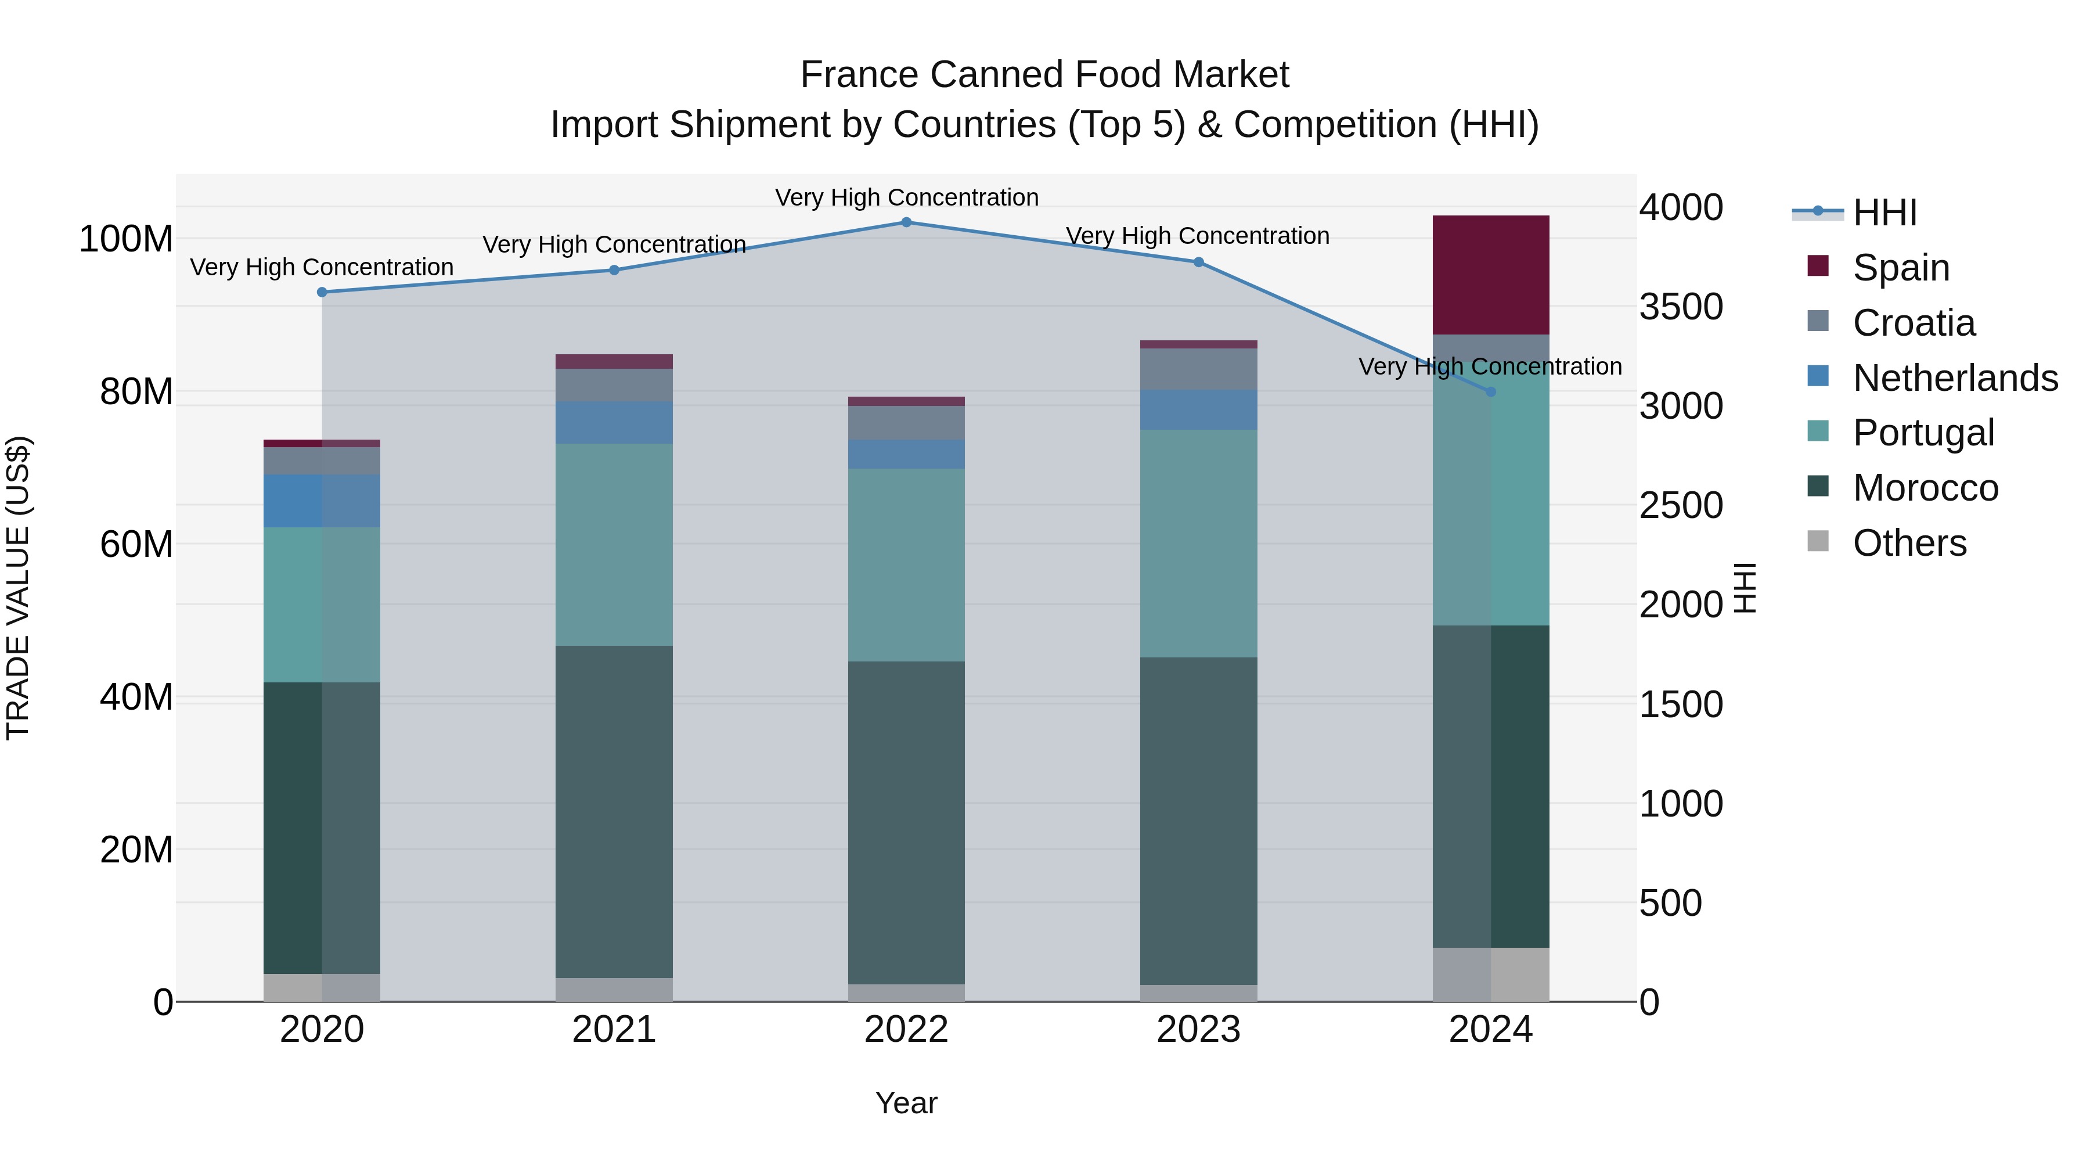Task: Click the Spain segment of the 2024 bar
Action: (1490, 274)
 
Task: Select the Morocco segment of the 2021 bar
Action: (614, 812)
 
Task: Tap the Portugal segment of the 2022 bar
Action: (906, 565)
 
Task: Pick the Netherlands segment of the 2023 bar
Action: (1198, 410)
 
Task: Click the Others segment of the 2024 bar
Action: (1490, 974)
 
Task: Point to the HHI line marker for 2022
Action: (906, 222)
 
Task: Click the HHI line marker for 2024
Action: (1490, 392)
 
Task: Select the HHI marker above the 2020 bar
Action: (322, 292)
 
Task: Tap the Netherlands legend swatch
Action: (1818, 376)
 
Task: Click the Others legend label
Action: (1910, 543)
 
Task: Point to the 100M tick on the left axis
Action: (126, 239)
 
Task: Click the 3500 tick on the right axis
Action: (1681, 307)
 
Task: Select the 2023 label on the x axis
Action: (1198, 1030)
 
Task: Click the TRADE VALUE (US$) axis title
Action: (18, 588)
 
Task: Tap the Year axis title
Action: (906, 1103)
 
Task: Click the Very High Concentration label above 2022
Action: (906, 197)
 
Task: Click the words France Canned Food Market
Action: (1044, 75)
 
